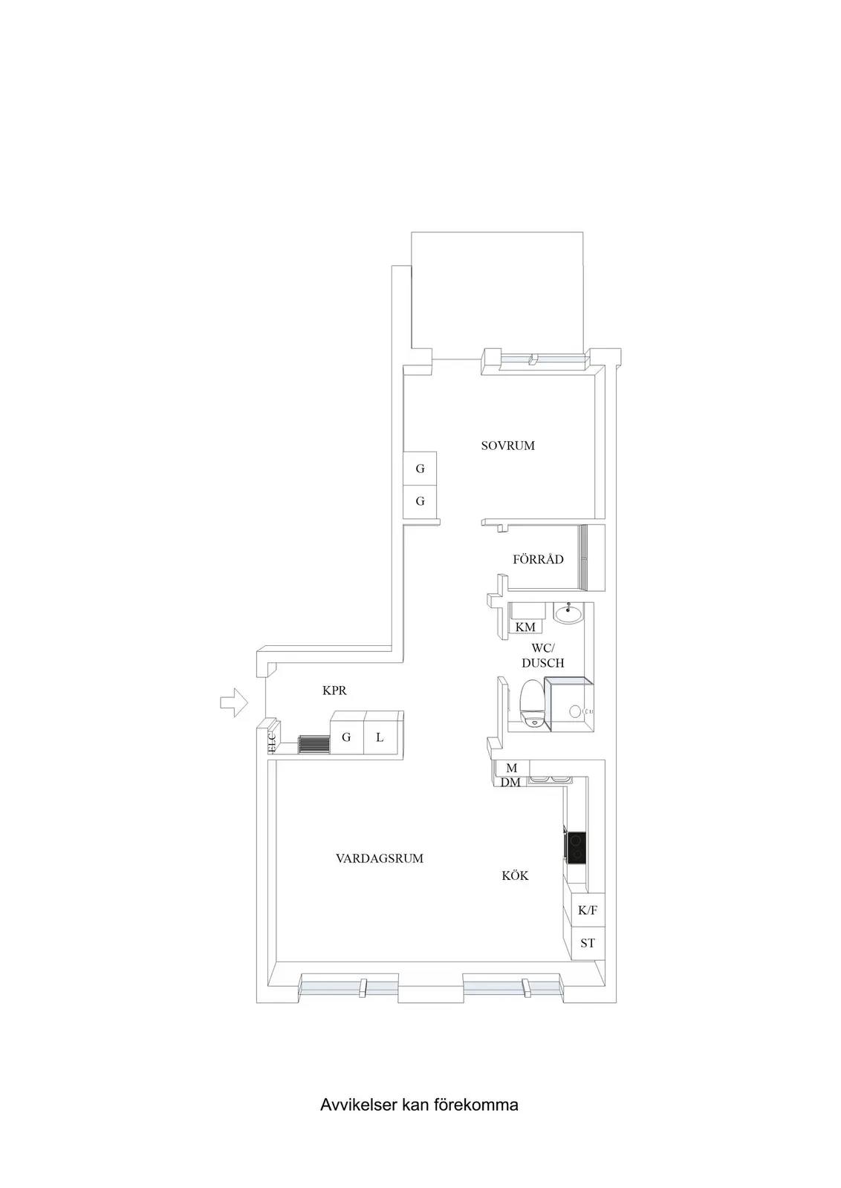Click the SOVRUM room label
(507, 446)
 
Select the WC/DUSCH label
(543, 656)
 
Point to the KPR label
(335, 691)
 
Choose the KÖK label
(515, 875)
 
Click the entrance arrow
(234, 702)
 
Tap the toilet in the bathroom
(532, 702)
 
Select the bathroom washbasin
(568, 613)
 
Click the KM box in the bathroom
(525, 626)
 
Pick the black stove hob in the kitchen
(577, 848)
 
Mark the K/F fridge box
(588, 910)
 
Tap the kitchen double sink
(551, 779)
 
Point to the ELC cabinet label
(272, 742)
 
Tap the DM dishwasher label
(510, 783)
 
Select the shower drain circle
(574, 711)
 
